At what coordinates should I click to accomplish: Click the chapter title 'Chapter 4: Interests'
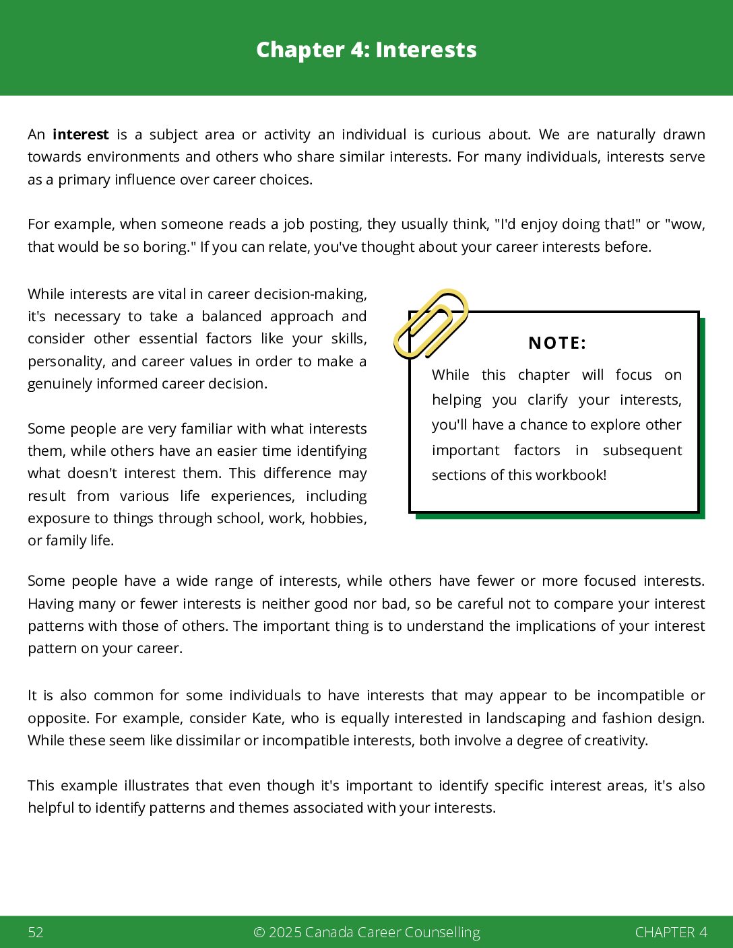(x=366, y=50)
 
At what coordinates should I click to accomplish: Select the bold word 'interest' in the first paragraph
(x=81, y=135)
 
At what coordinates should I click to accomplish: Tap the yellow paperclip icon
(x=431, y=323)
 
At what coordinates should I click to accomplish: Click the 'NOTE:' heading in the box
(x=557, y=343)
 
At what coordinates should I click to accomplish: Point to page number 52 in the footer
(x=36, y=933)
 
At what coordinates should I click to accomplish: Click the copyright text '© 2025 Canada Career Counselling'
(x=366, y=933)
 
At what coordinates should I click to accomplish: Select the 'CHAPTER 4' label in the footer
(x=671, y=933)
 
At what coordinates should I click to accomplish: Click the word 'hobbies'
(x=338, y=518)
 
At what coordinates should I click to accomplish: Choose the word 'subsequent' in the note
(x=642, y=450)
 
